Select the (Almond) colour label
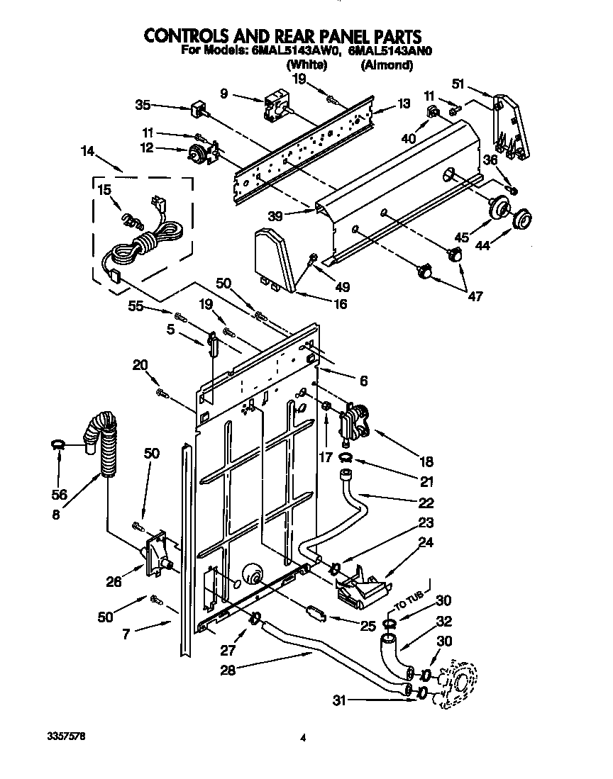pos(387,65)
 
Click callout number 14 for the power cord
pos(87,150)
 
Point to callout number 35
pos(143,106)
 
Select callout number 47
pos(474,296)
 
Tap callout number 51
pos(458,84)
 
